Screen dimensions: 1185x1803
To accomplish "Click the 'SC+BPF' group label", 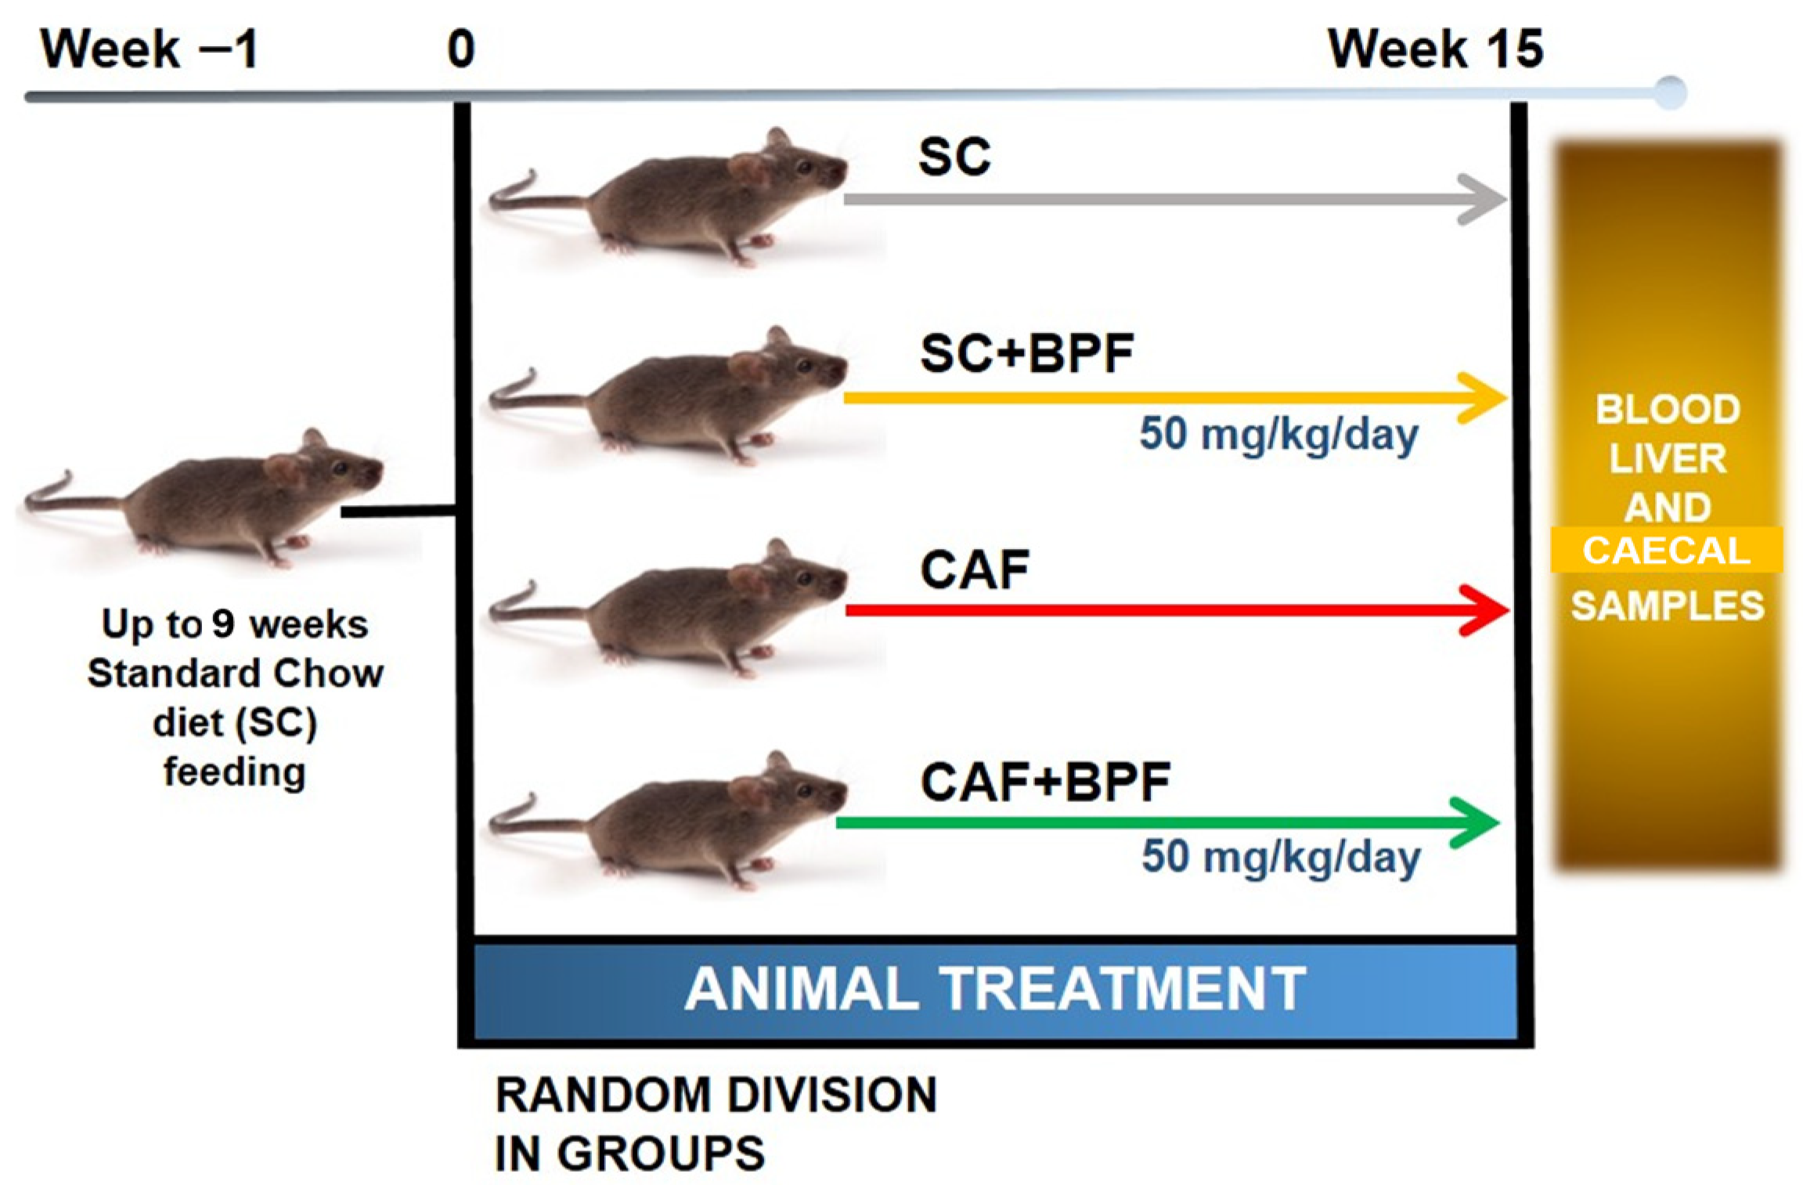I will [1026, 353].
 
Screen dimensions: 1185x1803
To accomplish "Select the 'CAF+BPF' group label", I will [1045, 782].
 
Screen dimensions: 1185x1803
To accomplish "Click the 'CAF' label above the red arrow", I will [975, 569].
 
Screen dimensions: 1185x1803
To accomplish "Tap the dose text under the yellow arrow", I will [1278, 434].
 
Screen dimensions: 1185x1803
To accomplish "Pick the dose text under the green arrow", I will [1281, 857].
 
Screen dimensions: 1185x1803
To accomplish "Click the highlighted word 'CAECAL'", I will [1666, 551].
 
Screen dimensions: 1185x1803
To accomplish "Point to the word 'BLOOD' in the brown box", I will [1668, 410].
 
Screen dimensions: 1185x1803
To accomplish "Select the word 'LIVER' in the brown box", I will [1668, 459].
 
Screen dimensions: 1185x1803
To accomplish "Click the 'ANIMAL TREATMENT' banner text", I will [995, 989].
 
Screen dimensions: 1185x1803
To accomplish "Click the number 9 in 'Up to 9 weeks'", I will [223, 624].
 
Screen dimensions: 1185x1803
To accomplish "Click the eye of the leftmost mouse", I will [339, 468].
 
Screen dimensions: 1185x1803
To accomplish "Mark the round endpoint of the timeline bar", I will [1670, 93].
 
